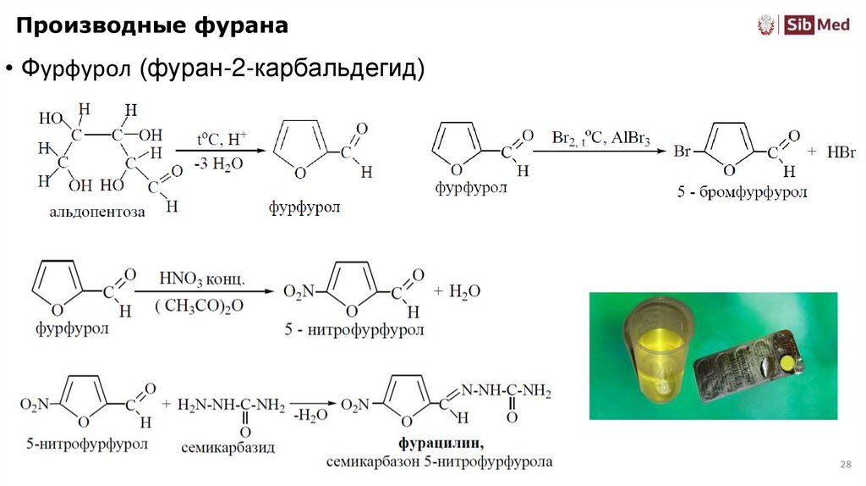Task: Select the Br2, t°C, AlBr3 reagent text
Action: click(600, 138)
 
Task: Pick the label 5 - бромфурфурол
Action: click(742, 192)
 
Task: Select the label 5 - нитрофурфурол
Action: click(354, 330)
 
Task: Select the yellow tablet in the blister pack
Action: click(787, 364)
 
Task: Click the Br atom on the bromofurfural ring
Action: click(683, 153)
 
